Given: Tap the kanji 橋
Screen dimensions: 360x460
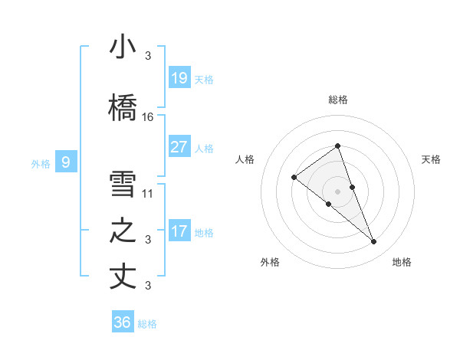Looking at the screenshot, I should pos(123,106).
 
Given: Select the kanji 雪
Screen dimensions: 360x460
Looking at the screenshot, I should pos(123,184).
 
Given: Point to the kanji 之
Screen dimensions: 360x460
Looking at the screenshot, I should pos(123,231).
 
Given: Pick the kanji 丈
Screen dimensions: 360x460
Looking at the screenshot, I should pos(123,277).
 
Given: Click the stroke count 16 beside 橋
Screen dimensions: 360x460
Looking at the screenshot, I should pos(148,117).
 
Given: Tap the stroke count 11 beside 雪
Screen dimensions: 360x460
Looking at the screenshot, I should pos(148,193).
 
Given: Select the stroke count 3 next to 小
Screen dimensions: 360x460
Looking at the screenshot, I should pos(148,56).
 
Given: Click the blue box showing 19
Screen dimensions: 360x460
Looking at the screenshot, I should pos(179,78).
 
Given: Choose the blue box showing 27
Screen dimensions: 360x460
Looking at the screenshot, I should pos(179,146).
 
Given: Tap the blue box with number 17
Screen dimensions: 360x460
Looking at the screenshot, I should pos(179,231).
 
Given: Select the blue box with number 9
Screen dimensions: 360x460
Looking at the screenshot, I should pos(66,162).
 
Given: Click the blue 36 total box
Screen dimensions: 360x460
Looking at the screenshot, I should pos(122,322).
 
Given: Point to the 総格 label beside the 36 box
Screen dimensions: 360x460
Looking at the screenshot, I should pos(147,324).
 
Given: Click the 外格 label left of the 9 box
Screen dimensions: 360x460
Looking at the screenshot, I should pos(41,163).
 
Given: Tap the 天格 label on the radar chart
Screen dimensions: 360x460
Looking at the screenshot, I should pos(432,159).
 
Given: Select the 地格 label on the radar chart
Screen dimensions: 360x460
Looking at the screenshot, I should pos(402,262).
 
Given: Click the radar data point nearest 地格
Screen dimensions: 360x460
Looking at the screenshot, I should pos(374,242).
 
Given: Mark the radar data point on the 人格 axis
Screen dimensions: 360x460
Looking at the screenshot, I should pos(294,178).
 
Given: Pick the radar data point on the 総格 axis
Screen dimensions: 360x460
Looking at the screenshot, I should pos(337,146).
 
